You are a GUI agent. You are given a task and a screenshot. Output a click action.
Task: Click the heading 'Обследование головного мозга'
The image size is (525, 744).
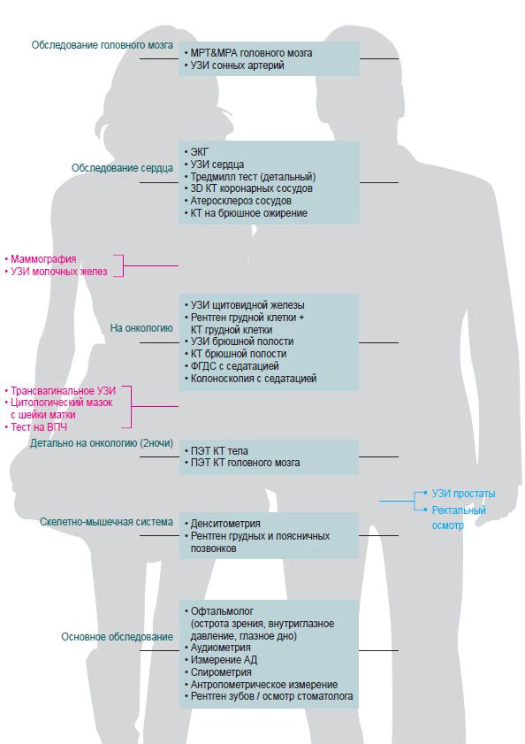coord(102,45)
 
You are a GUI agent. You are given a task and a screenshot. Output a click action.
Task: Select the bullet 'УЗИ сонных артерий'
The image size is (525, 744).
coord(237,65)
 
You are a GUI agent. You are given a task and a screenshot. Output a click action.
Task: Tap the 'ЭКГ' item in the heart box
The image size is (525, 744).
coord(199,152)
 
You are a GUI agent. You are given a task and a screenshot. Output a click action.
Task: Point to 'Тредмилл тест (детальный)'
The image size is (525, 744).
coord(254,177)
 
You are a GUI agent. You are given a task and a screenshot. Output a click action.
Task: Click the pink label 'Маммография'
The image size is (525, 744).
coord(43,259)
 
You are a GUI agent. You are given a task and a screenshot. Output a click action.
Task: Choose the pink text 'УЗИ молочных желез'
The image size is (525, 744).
coord(59,272)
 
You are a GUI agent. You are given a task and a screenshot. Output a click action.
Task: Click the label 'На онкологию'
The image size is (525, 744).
coord(141,328)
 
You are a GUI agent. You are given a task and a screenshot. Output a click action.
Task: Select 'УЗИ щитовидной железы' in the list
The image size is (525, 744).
coord(247,305)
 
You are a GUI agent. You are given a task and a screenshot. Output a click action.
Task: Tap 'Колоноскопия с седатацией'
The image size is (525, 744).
coord(254,379)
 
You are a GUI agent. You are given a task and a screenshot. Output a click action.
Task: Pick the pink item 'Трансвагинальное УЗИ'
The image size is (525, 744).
coord(63,391)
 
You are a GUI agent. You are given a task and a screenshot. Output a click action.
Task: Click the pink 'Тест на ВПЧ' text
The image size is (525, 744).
coord(39,427)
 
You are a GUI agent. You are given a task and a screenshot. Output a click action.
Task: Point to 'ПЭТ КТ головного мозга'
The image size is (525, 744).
coord(245,463)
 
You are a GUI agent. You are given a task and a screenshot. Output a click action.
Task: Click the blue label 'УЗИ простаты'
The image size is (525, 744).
coord(463,494)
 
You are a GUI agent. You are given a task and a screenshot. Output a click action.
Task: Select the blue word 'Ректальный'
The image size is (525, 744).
coord(459,510)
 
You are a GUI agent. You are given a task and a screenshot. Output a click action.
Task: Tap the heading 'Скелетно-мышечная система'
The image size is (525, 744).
coord(106,522)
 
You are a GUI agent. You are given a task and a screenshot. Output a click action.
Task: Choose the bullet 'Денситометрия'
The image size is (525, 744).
coord(225,524)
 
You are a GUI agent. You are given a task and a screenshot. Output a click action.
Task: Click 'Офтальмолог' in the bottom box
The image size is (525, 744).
coord(222,611)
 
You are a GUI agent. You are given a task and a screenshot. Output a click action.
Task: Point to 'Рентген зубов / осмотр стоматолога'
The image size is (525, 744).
coord(271,696)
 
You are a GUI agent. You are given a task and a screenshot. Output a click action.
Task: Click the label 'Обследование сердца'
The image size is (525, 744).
coord(122,168)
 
